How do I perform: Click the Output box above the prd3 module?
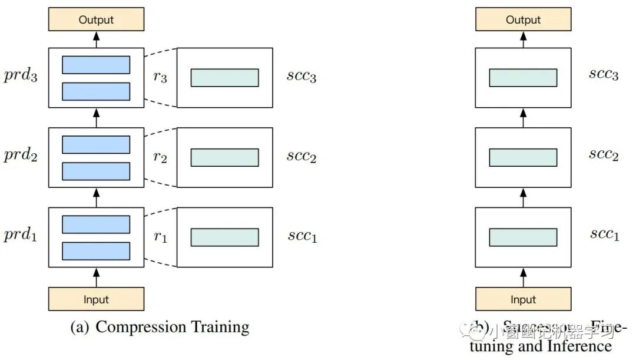(x=96, y=19)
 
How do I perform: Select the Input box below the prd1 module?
(x=96, y=299)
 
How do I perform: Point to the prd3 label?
(x=21, y=77)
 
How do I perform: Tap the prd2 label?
(x=21, y=157)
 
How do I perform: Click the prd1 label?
(x=21, y=237)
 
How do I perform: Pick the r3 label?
(x=160, y=77)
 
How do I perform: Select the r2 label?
(x=160, y=157)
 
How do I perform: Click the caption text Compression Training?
(x=172, y=327)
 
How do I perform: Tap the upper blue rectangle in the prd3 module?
(x=96, y=65)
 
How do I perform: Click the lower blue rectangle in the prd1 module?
(x=96, y=250)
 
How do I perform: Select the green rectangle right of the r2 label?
(x=224, y=157)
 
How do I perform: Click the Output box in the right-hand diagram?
(x=523, y=19)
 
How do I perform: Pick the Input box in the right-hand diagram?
(x=523, y=299)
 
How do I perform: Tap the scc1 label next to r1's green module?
(x=302, y=236)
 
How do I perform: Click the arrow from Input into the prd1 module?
(x=97, y=277)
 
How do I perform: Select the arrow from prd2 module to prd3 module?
(x=97, y=118)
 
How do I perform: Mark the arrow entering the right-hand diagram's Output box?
(x=523, y=39)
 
